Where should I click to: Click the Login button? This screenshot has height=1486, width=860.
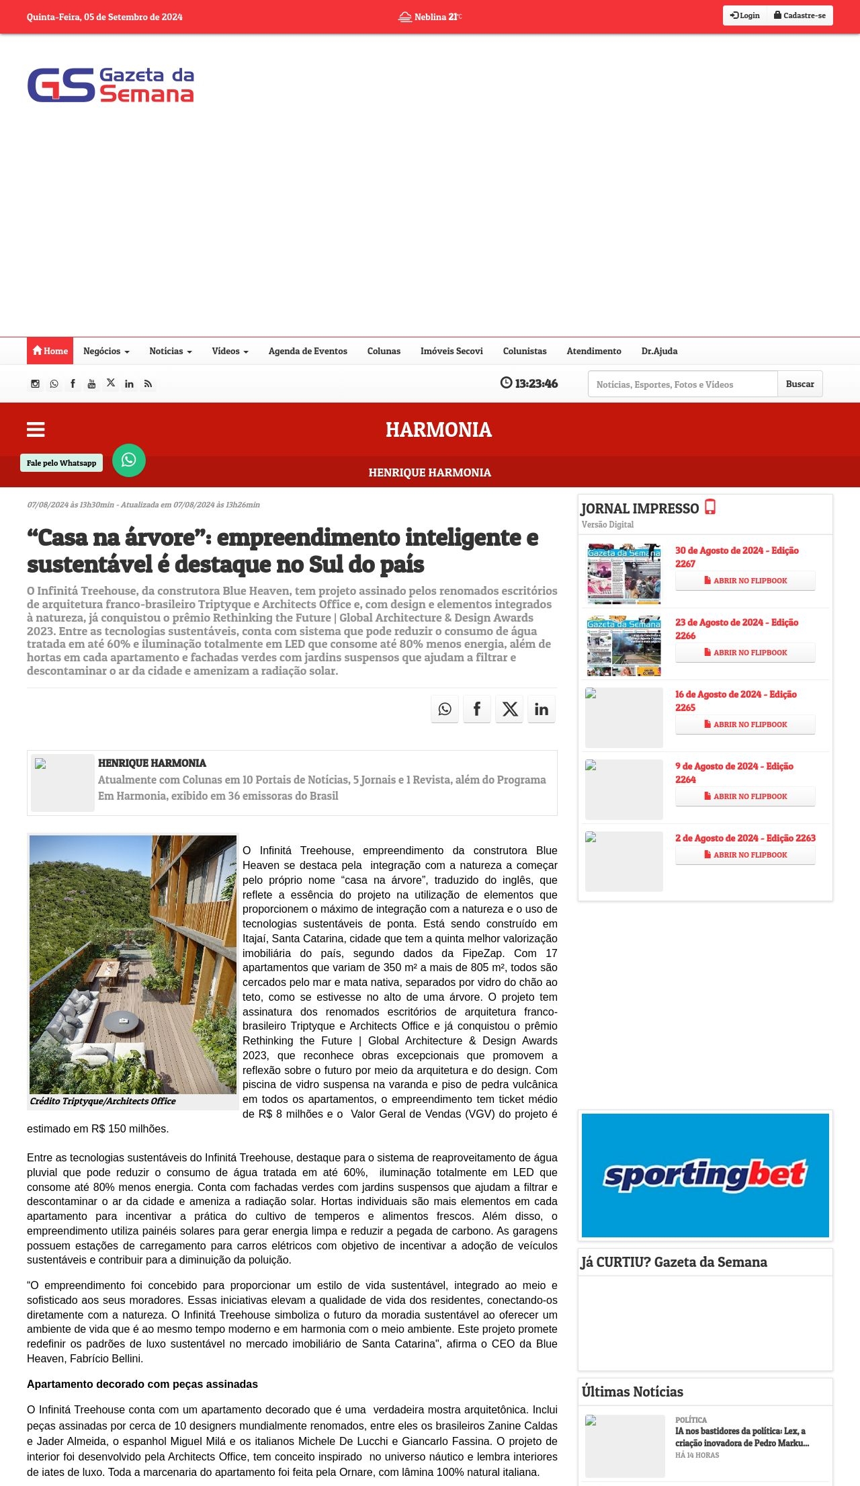(x=745, y=15)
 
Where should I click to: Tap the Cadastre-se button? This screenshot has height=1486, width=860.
(x=800, y=15)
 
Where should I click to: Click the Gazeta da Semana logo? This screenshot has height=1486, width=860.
(x=111, y=85)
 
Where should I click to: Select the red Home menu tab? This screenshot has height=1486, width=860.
(x=50, y=351)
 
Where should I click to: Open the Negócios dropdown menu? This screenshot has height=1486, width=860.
(x=106, y=351)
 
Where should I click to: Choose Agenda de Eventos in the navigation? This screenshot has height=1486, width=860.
(x=308, y=351)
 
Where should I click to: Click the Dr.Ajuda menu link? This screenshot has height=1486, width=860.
(x=659, y=351)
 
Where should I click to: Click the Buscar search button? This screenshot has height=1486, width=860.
(x=800, y=384)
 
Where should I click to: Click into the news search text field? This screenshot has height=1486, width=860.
(x=682, y=384)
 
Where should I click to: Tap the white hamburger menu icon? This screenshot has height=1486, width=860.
(x=36, y=429)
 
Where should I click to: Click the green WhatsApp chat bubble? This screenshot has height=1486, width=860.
(x=129, y=460)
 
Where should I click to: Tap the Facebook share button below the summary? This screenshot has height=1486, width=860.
(x=477, y=709)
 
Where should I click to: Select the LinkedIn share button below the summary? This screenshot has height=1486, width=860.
(x=542, y=709)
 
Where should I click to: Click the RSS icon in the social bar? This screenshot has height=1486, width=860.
(x=148, y=384)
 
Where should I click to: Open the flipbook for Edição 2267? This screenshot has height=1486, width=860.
(x=745, y=581)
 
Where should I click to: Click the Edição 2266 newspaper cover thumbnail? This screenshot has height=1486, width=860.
(x=623, y=646)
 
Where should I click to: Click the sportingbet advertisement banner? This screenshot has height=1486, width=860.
(x=705, y=1175)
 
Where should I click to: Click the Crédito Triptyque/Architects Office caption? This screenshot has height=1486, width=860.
(x=103, y=1101)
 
